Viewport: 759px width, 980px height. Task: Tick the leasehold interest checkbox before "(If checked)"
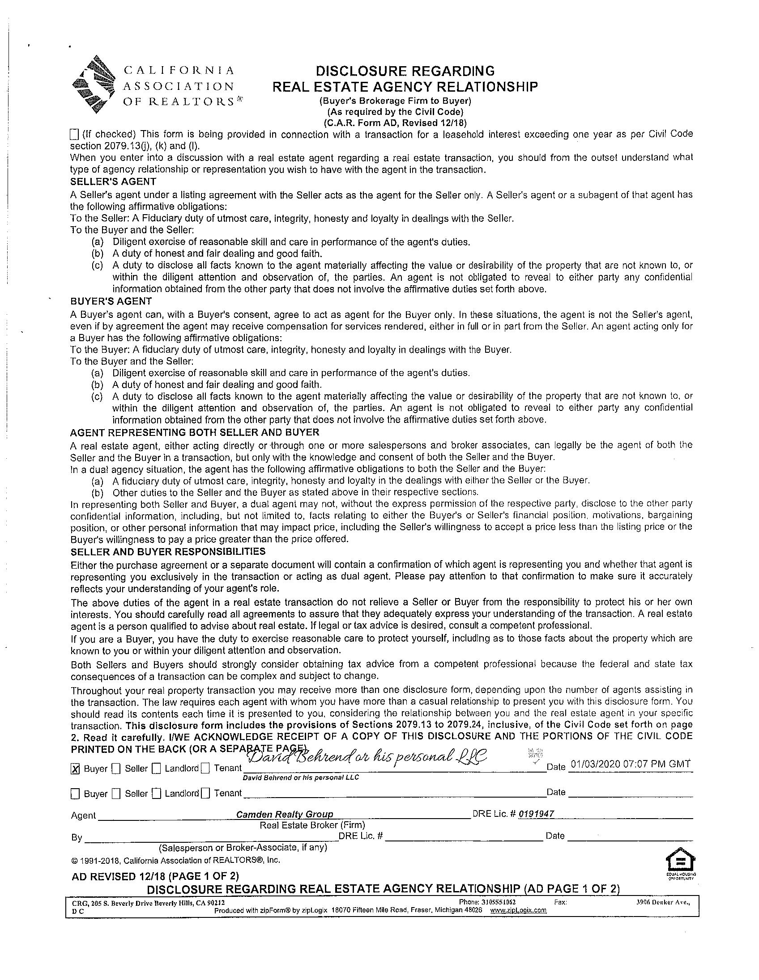pyautogui.click(x=75, y=134)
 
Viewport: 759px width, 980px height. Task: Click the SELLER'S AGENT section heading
pyautogui.click(x=113, y=182)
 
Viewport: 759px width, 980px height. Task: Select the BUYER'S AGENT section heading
pyautogui.click(x=111, y=301)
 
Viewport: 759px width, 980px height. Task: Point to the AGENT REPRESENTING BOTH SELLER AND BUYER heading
pyautogui.click(x=195, y=432)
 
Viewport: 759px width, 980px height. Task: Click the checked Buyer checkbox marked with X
pyautogui.click(x=76, y=769)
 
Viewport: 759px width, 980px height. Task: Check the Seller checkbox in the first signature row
pyautogui.click(x=116, y=769)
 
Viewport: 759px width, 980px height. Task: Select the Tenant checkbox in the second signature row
pyautogui.click(x=206, y=794)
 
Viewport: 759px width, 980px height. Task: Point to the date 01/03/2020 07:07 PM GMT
pyautogui.click(x=630, y=764)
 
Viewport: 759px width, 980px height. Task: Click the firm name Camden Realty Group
pyautogui.click(x=285, y=814)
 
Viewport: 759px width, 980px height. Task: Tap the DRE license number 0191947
pyautogui.click(x=536, y=814)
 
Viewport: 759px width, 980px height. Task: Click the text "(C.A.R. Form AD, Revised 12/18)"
pyautogui.click(x=395, y=122)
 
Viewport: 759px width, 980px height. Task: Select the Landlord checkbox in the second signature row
pyautogui.click(x=156, y=794)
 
